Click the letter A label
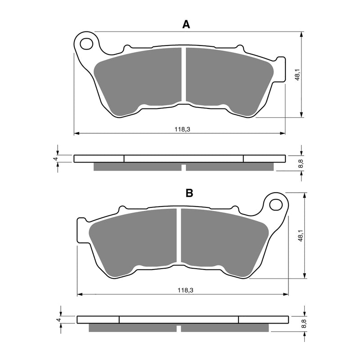[x=186, y=25]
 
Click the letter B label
[x=189, y=193]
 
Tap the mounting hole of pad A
[x=86, y=44]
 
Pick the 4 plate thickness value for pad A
[x=55, y=158]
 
